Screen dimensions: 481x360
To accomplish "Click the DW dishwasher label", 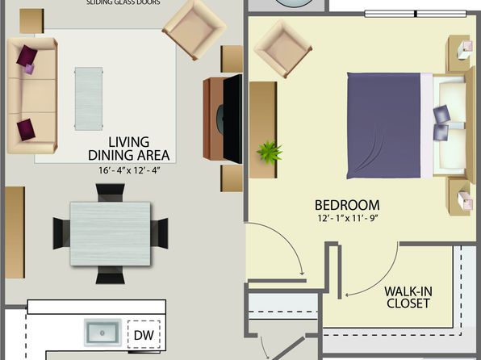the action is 144,335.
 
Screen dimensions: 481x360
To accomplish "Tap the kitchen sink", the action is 102,333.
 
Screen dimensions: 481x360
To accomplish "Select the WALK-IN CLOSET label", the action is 408,297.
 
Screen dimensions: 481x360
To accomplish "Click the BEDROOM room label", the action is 347,205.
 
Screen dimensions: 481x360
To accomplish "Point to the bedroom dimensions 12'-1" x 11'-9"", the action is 347,218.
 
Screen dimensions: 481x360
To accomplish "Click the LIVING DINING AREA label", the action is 129,149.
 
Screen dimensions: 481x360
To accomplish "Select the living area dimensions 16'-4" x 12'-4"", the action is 129,170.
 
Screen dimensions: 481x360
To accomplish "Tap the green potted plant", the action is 270,152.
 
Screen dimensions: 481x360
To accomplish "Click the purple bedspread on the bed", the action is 383,126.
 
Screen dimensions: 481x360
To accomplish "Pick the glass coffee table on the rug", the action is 89,98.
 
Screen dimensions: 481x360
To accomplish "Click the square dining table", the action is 110,233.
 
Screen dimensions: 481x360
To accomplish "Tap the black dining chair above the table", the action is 110,192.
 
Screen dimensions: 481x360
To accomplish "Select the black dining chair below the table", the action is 110,275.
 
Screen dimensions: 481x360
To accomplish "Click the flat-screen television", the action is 232,119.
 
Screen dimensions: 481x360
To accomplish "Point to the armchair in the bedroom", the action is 282,49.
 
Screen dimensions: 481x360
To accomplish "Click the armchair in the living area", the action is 194,30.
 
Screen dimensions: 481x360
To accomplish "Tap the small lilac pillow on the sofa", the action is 29,69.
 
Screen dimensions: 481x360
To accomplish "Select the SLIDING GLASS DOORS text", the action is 123,2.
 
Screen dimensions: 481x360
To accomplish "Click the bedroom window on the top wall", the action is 416,14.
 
